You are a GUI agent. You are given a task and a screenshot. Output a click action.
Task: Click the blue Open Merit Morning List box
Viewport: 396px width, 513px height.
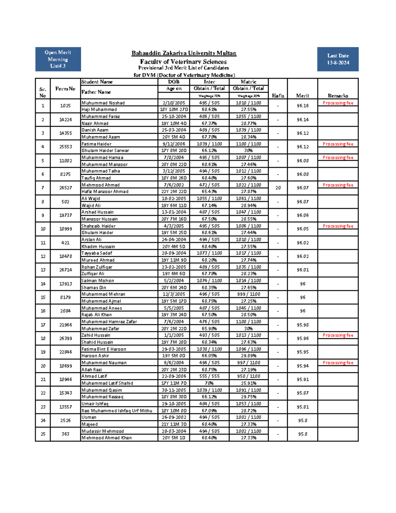point(58,59)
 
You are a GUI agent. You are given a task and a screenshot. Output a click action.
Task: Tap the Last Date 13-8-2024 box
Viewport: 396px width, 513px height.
point(338,59)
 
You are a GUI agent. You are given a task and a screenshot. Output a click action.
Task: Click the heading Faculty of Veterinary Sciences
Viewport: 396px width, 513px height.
point(183,62)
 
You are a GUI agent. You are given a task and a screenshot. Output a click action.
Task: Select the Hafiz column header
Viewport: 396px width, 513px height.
point(278,95)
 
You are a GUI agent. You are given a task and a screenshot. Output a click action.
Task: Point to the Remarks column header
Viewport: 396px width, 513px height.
point(338,95)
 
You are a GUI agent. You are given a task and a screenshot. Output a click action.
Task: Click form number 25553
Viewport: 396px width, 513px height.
point(65,147)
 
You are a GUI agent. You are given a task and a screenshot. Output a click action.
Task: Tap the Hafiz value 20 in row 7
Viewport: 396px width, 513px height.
point(278,188)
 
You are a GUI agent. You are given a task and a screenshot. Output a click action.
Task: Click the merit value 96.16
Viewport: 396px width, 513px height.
point(302,106)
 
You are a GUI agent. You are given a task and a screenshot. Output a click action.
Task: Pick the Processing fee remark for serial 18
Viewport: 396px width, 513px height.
point(338,335)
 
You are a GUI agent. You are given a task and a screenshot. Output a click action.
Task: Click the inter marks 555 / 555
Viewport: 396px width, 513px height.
point(209,376)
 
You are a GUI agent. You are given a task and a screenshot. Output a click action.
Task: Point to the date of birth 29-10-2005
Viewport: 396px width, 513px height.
point(174,404)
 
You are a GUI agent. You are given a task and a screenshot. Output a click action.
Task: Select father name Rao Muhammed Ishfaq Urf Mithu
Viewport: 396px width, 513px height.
point(117,411)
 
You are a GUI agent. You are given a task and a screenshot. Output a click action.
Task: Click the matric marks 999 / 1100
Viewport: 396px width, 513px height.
point(248,294)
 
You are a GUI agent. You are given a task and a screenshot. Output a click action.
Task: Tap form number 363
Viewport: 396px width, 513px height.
point(65,434)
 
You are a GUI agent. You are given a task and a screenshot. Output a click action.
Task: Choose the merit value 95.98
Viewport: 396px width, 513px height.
point(302,325)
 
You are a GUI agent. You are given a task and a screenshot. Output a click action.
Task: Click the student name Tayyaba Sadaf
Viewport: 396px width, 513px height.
point(97,253)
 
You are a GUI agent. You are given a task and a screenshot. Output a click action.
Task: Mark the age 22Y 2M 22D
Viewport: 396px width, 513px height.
point(174,192)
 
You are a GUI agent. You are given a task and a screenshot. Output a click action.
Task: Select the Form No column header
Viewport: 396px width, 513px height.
point(65,89)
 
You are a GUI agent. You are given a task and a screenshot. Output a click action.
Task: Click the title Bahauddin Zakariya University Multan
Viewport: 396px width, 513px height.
point(184,53)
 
